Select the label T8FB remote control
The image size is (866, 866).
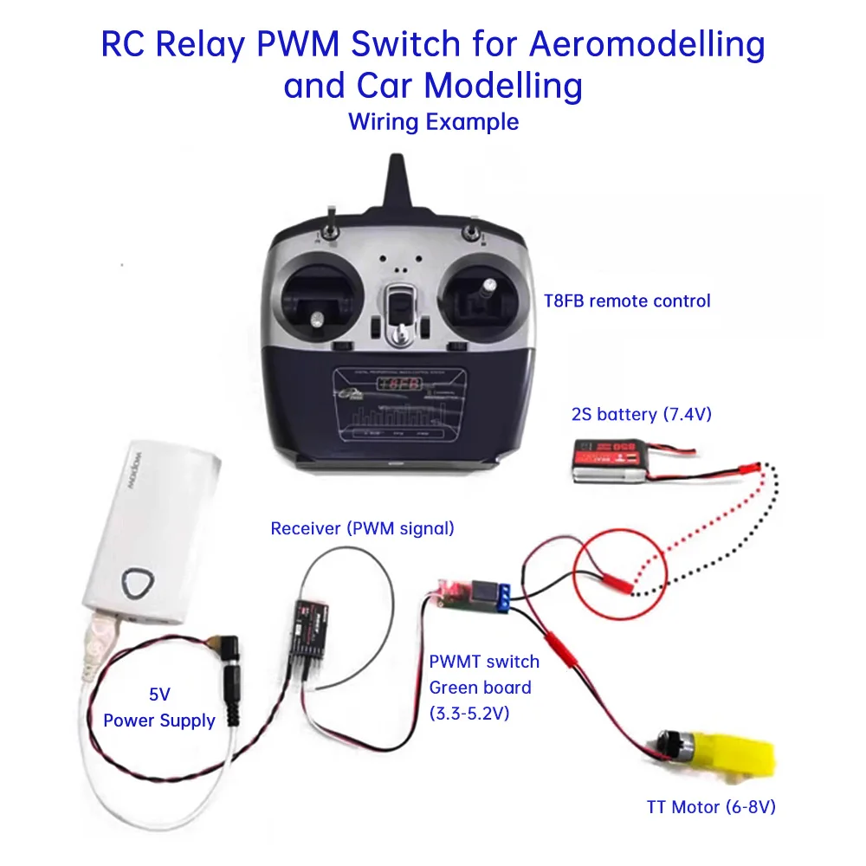[627, 301]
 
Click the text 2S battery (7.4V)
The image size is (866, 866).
[642, 414]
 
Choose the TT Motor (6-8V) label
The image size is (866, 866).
[711, 807]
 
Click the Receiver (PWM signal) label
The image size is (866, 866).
[362, 527]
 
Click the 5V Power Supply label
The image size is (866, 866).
[159, 708]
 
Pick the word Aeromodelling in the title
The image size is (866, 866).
[648, 45]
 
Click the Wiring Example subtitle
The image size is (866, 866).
[433, 122]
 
